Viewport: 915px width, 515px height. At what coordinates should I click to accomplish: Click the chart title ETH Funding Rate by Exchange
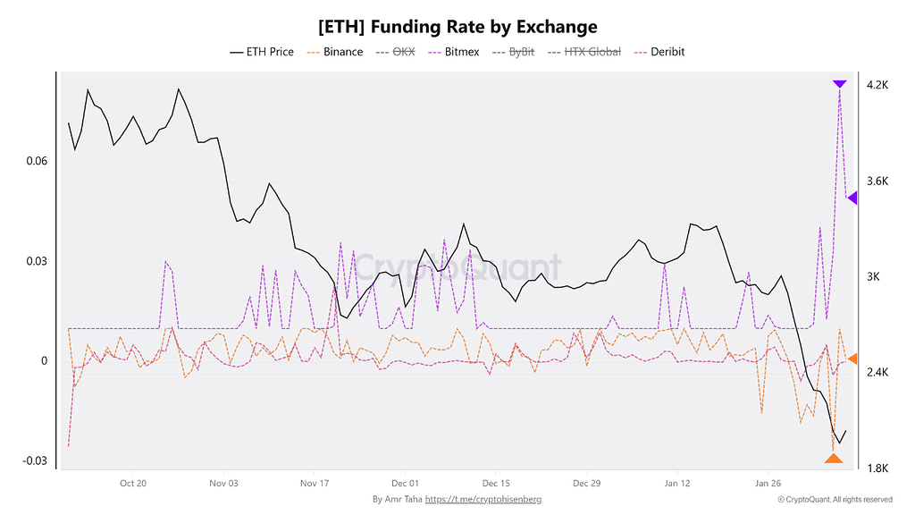click(457, 27)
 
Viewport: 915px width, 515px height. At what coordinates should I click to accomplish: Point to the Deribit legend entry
click(659, 52)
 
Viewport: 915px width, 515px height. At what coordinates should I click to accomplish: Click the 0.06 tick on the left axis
click(36, 161)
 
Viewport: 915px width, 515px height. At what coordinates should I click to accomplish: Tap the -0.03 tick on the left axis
click(34, 460)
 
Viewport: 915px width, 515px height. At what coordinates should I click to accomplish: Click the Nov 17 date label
click(315, 483)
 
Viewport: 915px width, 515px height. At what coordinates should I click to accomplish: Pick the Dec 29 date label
click(586, 483)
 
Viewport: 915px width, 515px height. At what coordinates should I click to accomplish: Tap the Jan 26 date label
click(768, 483)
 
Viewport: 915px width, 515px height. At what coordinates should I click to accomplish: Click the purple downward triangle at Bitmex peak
click(839, 84)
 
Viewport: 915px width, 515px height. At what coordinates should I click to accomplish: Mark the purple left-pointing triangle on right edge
click(852, 198)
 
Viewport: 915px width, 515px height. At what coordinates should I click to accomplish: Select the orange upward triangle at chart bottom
click(833, 459)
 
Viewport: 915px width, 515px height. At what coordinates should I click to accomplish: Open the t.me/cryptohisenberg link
click(483, 499)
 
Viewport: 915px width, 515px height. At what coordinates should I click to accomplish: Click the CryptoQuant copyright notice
click(834, 499)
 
